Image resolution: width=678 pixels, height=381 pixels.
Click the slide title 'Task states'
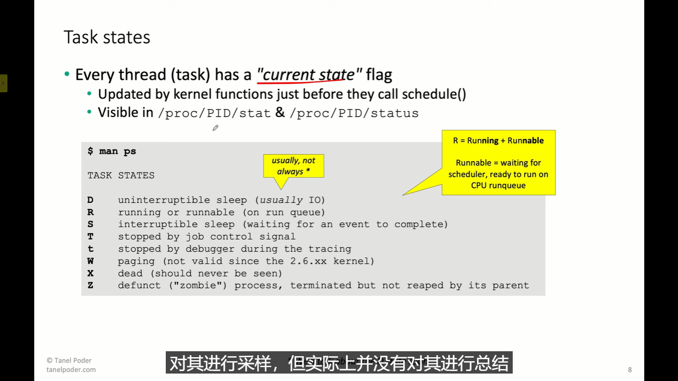pyautogui.click(x=107, y=37)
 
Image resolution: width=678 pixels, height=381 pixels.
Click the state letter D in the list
pyautogui.click(x=90, y=200)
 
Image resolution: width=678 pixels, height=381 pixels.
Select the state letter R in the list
pyautogui.click(x=90, y=212)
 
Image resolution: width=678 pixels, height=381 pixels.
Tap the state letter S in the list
pyautogui.click(x=90, y=224)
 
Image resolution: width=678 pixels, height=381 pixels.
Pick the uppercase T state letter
pyautogui.click(x=90, y=236)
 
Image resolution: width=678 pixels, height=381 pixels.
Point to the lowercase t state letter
pyautogui.click(x=90, y=249)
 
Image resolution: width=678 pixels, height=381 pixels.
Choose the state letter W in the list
pyautogui.click(x=90, y=261)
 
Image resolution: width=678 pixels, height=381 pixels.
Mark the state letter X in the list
pyautogui.click(x=90, y=273)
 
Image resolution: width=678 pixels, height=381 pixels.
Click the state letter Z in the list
pyautogui.click(x=90, y=285)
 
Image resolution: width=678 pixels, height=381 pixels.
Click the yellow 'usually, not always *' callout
pyautogui.click(x=293, y=166)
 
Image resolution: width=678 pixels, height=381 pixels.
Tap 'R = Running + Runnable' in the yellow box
pyautogui.click(x=498, y=140)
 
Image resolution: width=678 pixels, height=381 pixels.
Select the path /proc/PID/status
pyautogui.click(x=354, y=113)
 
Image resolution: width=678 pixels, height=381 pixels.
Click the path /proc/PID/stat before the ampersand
pyautogui.click(x=214, y=113)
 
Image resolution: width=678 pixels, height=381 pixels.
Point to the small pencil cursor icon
pyautogui.click(x=215, y=128)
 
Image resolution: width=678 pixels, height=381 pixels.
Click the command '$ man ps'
pyautogui.click(x=112, y=151)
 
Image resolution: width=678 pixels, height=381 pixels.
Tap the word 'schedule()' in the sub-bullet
pyautogui.click(x=434, y=94)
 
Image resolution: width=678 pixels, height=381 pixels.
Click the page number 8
pyautogui.click(x=629, y=370)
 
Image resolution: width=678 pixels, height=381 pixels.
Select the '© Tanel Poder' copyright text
pyautogui.click(x=69, y=360)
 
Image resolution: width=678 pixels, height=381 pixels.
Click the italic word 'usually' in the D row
pyautogui.click(x=281, y=200)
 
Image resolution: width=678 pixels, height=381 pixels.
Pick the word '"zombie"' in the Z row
pyautogui.click(x=198, y=285)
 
